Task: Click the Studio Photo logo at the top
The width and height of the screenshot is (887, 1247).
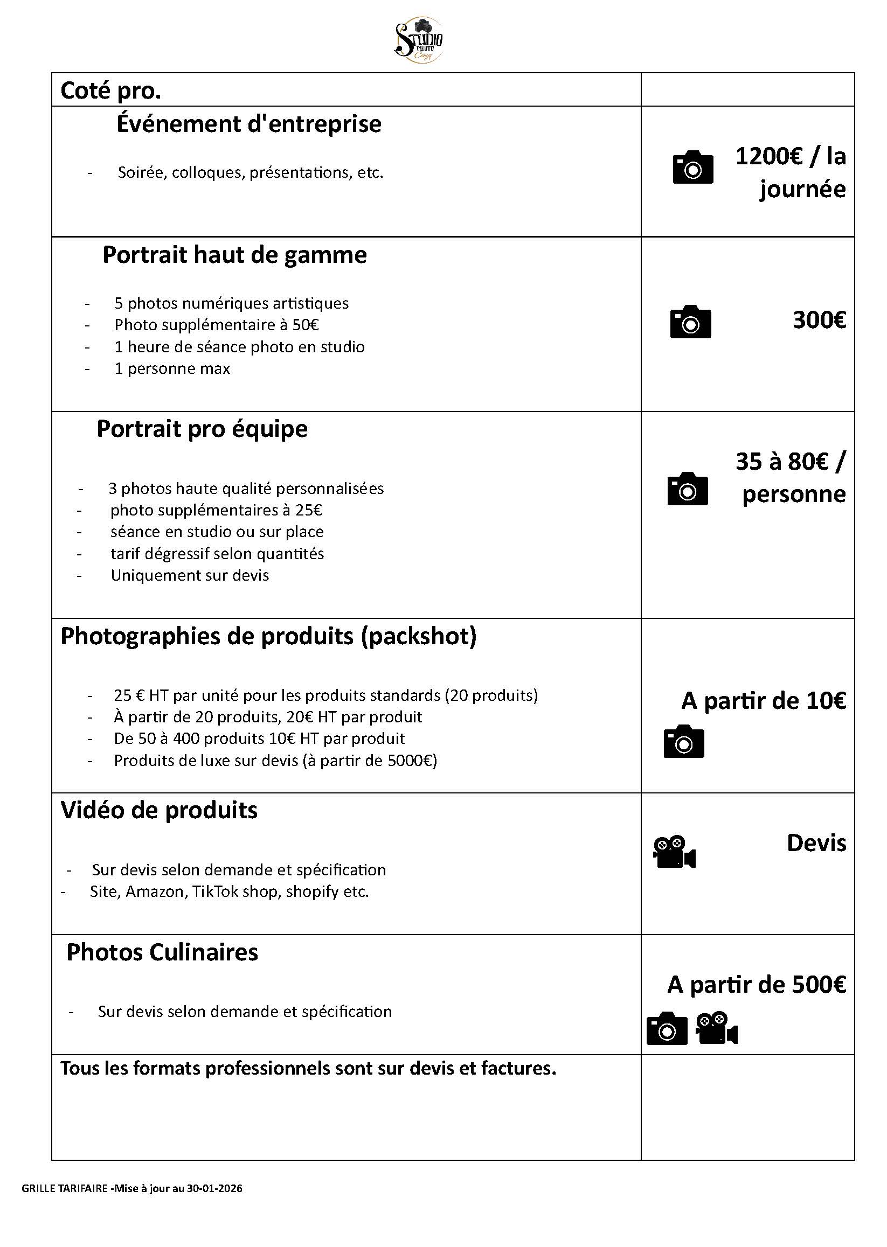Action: point(418,41)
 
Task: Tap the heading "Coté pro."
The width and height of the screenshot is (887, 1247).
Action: point(111,90)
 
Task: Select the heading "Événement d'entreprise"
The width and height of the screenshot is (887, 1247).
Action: point(248,124)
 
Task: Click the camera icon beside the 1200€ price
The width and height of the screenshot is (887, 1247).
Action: point(692,167)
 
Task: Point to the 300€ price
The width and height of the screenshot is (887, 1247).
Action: point(819,320)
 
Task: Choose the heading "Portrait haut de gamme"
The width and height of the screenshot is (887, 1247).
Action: point(234,255)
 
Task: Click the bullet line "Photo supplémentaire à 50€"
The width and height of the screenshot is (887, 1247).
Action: point(216,325)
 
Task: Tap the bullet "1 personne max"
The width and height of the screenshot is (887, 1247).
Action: point(172,368)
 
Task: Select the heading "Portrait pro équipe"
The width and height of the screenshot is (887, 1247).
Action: point(202,429)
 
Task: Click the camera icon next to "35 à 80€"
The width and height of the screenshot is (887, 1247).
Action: point(688,489)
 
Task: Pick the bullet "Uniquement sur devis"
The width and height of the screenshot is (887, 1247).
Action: point(190,575)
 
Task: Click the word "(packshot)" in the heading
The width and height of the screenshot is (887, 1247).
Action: point(418,637)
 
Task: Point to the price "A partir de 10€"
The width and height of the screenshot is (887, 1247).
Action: point(764,701)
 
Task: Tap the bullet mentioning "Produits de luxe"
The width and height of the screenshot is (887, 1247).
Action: point(275,761)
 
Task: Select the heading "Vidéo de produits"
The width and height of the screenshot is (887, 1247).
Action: point(159,810)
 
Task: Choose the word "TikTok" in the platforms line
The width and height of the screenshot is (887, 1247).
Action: point(214,891)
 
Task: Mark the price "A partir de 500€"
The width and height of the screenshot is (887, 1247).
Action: point(757,985)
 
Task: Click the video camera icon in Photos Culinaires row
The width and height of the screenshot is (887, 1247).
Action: point(717,1029)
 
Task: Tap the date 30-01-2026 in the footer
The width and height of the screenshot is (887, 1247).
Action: point(214,1189)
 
